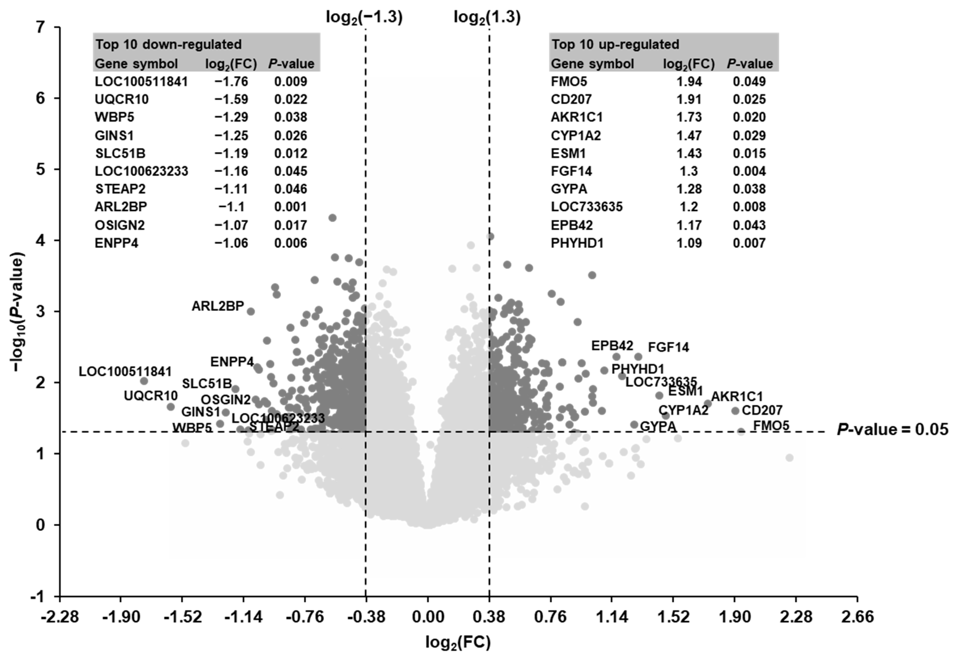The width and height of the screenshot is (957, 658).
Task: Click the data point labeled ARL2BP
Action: tap(250, 311)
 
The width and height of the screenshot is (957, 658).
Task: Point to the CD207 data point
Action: tap(735, 411)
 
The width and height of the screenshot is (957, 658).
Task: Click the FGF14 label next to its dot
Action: tap(668, 347)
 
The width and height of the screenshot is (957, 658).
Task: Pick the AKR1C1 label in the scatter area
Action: tap(737, 396)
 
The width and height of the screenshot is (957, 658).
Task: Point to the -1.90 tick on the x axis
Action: tap(121, 617)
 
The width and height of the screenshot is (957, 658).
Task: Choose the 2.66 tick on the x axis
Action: tap(858, 617)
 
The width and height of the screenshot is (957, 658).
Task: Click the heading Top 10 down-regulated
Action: tap(169, 44)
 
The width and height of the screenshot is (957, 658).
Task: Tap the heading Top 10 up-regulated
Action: tap(616, 44)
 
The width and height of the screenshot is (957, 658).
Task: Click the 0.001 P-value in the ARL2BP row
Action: tap(291, 206)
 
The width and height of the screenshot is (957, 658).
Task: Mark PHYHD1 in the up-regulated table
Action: tap(577, 243)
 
